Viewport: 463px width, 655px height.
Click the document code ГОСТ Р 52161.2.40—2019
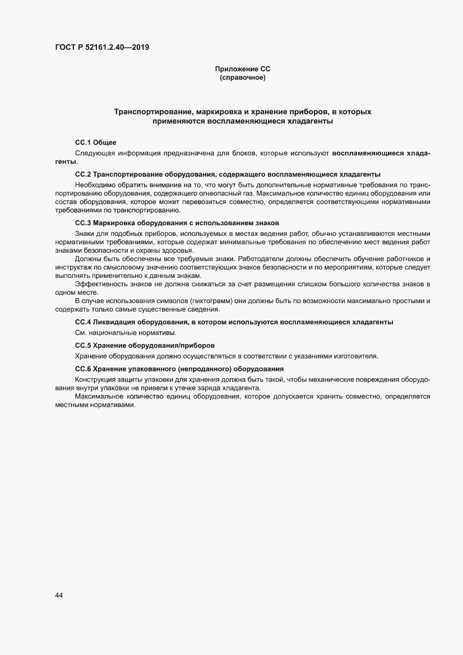[102, 47]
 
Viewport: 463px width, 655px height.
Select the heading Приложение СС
[242, 69]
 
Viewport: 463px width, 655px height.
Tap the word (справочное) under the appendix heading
[242, 78]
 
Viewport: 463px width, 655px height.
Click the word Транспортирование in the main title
[150, 112]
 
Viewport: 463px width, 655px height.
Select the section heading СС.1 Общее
[95, 143]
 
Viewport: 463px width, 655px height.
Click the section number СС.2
[83, 174]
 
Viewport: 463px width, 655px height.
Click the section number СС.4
[83, 322]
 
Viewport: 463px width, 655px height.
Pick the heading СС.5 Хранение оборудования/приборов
[145, 345]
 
